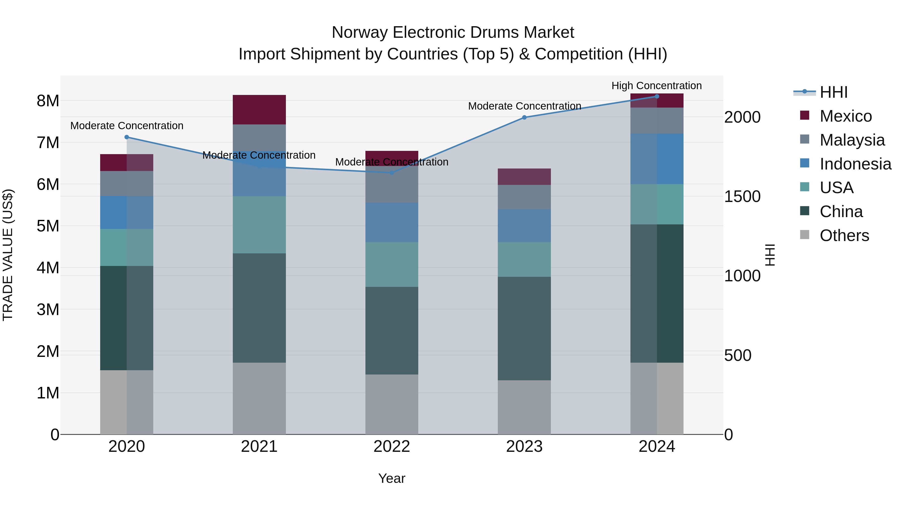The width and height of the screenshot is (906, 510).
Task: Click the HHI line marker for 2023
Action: tap(524, 117)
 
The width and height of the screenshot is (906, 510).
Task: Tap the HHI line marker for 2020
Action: tap(127, 137)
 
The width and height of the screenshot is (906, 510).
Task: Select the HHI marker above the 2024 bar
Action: tap(657, 96)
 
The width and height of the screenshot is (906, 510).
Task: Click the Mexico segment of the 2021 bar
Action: tap(259, 110)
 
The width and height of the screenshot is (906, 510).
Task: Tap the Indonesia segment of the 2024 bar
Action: tap(657, 158)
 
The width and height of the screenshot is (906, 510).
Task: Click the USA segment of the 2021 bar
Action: tap(259, 225)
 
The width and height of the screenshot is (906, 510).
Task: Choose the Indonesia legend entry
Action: tap(855, 164)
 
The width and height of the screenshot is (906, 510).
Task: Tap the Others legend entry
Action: tap(844, 235)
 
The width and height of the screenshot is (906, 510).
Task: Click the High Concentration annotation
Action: tap(656, 86)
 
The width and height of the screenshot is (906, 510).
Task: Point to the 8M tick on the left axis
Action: tap(48, 101)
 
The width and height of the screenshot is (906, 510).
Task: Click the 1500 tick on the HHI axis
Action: tap(742, 196)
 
